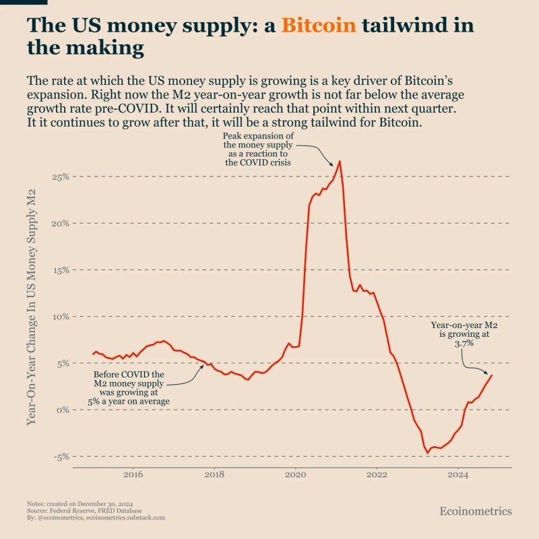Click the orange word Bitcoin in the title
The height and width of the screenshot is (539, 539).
click(319, 26)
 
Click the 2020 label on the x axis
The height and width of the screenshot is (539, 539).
click(296, 475)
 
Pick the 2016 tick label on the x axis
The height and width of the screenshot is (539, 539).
click(133, 475)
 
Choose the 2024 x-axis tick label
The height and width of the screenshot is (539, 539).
click(458, 475)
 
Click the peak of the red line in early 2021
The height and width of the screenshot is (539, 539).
click(340, 161)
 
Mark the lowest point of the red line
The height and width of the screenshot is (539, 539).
click(427, 453)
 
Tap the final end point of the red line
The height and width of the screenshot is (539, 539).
click(492, 375)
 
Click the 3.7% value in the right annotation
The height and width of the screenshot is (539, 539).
click(464, 344)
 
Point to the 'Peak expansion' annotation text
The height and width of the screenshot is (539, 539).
click(263, 149)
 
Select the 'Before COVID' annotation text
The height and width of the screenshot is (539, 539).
click(129, 387)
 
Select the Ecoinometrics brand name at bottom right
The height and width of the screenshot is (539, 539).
click(476, 511)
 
